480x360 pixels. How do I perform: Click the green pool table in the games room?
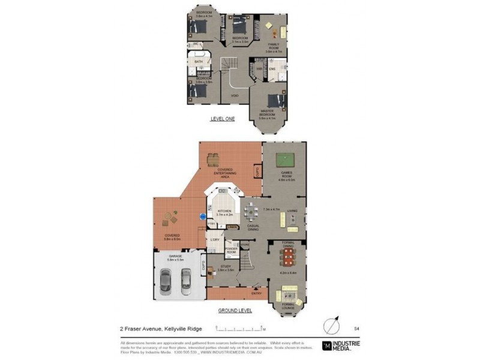[284, 160]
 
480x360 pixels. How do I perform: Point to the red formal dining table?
[289, 257]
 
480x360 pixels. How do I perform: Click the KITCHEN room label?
[224, 212]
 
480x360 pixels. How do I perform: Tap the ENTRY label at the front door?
[257, 293]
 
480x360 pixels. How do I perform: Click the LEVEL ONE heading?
[222, 119]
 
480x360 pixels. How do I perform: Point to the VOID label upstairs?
[235, 95]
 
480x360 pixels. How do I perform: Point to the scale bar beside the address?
[241, 328]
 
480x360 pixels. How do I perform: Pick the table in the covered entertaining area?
[213, 159]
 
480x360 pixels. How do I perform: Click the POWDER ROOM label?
[232, 250]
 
